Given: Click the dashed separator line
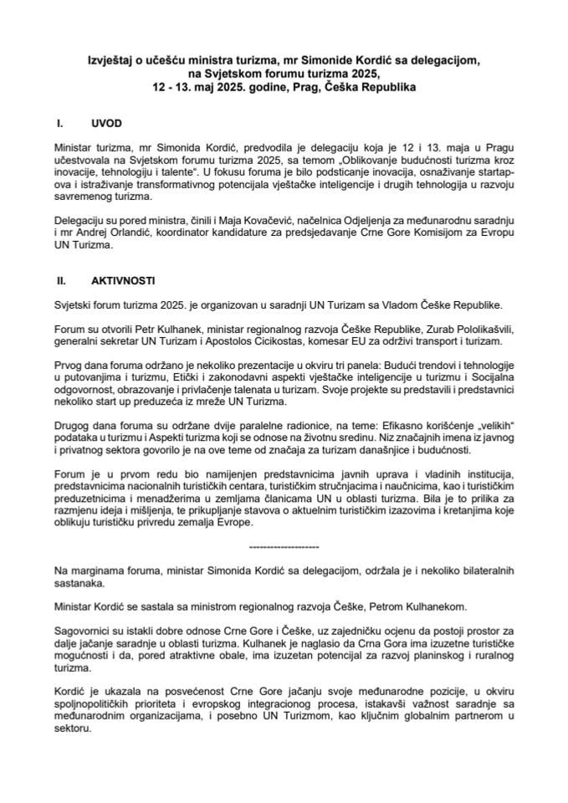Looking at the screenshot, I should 284,546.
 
